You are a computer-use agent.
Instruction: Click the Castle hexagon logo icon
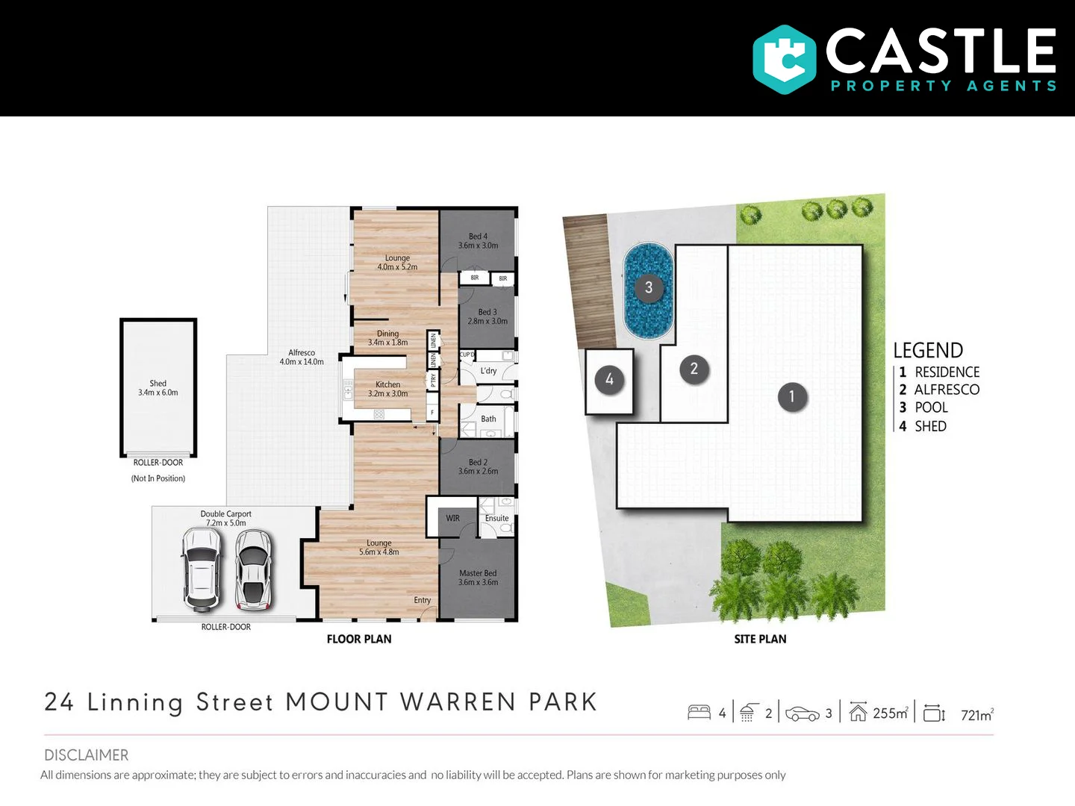784,60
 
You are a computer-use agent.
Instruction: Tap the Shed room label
158,384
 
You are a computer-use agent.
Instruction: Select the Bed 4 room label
478,237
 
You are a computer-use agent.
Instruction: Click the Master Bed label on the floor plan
478,573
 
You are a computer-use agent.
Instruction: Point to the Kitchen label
387,384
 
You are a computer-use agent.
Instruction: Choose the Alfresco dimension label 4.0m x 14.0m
302,362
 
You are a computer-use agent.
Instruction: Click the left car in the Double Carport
201,569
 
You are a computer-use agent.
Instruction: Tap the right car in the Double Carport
254,569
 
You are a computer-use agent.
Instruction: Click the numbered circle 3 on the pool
649,287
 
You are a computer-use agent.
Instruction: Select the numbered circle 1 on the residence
791,396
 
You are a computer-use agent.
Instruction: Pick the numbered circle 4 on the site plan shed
609,380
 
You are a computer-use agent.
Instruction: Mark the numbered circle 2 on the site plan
694,369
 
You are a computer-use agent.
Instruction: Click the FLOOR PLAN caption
359,639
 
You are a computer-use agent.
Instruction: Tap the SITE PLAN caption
760,639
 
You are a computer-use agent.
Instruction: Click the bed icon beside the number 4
699,713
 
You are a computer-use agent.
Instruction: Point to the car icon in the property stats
803,714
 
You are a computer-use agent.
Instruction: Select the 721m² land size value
976,715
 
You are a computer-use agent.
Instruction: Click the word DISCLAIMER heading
86,755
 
